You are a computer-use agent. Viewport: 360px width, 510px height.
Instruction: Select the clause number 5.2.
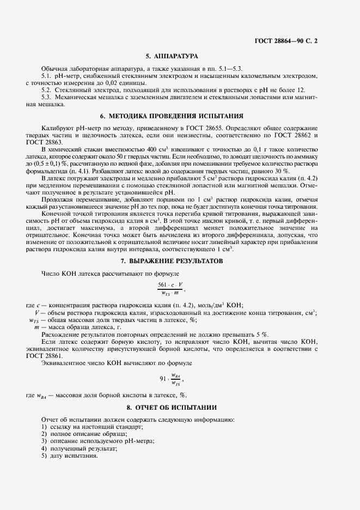47,89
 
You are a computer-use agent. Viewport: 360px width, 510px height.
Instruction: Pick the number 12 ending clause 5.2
301,89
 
